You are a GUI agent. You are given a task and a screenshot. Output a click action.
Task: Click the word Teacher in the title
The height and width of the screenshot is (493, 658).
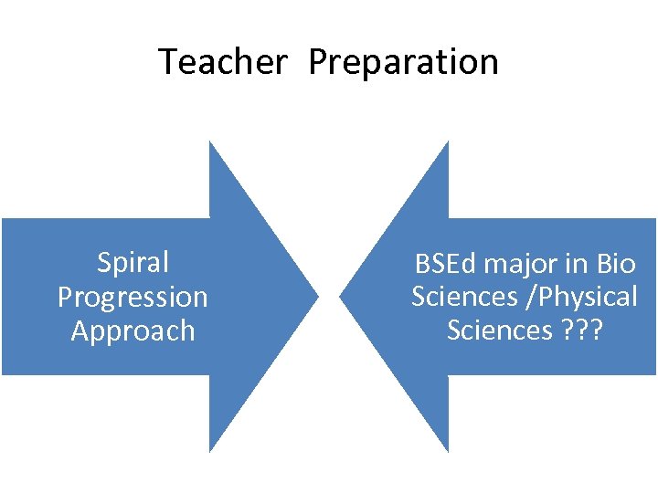click(222, 62)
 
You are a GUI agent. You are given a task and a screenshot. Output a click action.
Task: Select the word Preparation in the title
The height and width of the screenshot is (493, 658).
click(404, 63)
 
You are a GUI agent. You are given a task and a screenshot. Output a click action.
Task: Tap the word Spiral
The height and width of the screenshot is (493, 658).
click(133, 263)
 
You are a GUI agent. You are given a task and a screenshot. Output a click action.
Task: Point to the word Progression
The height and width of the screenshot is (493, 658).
click(133, 298)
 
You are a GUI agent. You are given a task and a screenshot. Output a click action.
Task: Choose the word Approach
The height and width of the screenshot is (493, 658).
click(133, 330)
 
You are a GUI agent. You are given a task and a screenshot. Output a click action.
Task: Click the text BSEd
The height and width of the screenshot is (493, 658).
click(446, 264)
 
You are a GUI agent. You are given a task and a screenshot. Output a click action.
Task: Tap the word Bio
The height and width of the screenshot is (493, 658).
click(615, 264)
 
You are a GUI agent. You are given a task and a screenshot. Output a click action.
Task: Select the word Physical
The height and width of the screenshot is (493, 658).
click(592, 298)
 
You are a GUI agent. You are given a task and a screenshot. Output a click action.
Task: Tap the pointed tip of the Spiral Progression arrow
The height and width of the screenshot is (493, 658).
click(317, 297)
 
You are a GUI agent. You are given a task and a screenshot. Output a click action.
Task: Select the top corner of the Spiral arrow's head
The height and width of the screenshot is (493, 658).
click(210, 142)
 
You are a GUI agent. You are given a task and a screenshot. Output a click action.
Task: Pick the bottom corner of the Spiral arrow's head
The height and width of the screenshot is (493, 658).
click(210, 451)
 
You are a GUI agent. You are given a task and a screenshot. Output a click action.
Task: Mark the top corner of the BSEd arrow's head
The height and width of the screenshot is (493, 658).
click(448, 142)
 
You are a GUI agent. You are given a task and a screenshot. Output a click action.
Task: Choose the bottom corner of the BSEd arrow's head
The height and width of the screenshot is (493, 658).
click(448, 451)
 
